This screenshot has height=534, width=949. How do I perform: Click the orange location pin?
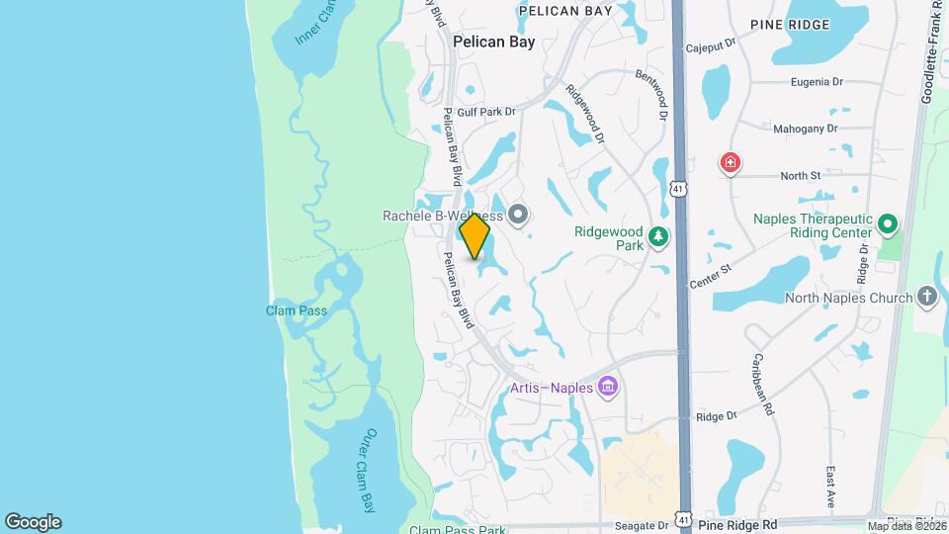[475, 236]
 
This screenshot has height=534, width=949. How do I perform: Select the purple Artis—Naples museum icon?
[608, 386]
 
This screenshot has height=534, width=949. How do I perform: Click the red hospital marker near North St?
[731, 162]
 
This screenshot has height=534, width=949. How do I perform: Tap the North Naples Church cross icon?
[926, 297]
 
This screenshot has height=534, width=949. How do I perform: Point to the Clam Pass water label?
[296, 311]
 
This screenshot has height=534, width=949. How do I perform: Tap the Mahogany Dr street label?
[807, 129]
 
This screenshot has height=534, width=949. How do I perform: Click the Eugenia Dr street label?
[820, 84]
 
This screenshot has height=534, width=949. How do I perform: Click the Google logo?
[33, 521]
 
